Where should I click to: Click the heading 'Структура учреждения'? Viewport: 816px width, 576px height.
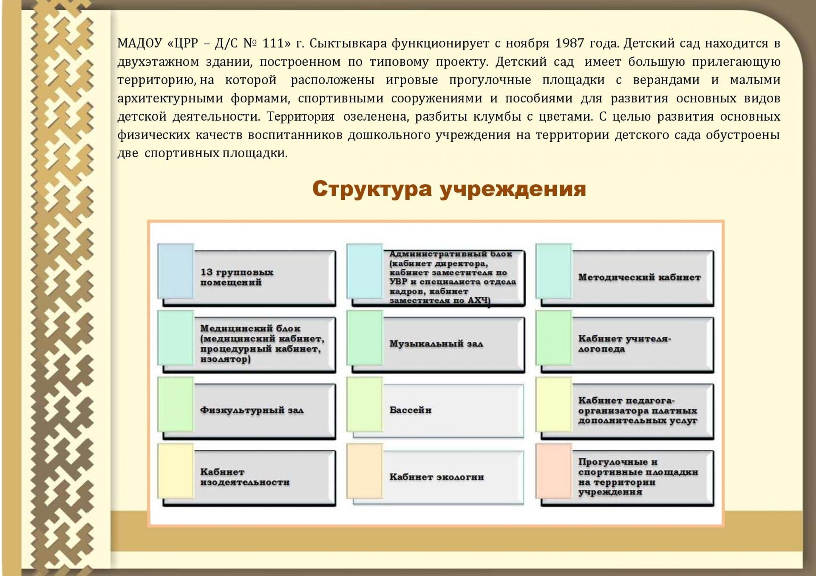(x=449, y=189)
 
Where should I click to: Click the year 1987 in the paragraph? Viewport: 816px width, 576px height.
(x=569, y=43)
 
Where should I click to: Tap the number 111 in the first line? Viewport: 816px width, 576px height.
(x=273, y=43)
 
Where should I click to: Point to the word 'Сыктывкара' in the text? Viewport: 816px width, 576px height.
(x=348, y=43)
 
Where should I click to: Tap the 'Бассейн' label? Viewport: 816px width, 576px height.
(x=411, y=410)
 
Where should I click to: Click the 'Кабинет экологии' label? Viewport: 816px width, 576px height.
(x=436, y=477)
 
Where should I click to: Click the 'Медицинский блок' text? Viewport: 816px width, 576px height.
(x=250, y=328)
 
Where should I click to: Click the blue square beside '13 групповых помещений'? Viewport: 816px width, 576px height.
(x=176, y=271)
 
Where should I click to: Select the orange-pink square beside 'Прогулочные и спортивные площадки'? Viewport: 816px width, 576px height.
(x=554, y=471)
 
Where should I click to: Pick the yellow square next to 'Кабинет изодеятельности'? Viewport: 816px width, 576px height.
(x=176, y=471)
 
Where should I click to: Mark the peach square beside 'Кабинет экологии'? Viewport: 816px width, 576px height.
(x=365, y=471)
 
